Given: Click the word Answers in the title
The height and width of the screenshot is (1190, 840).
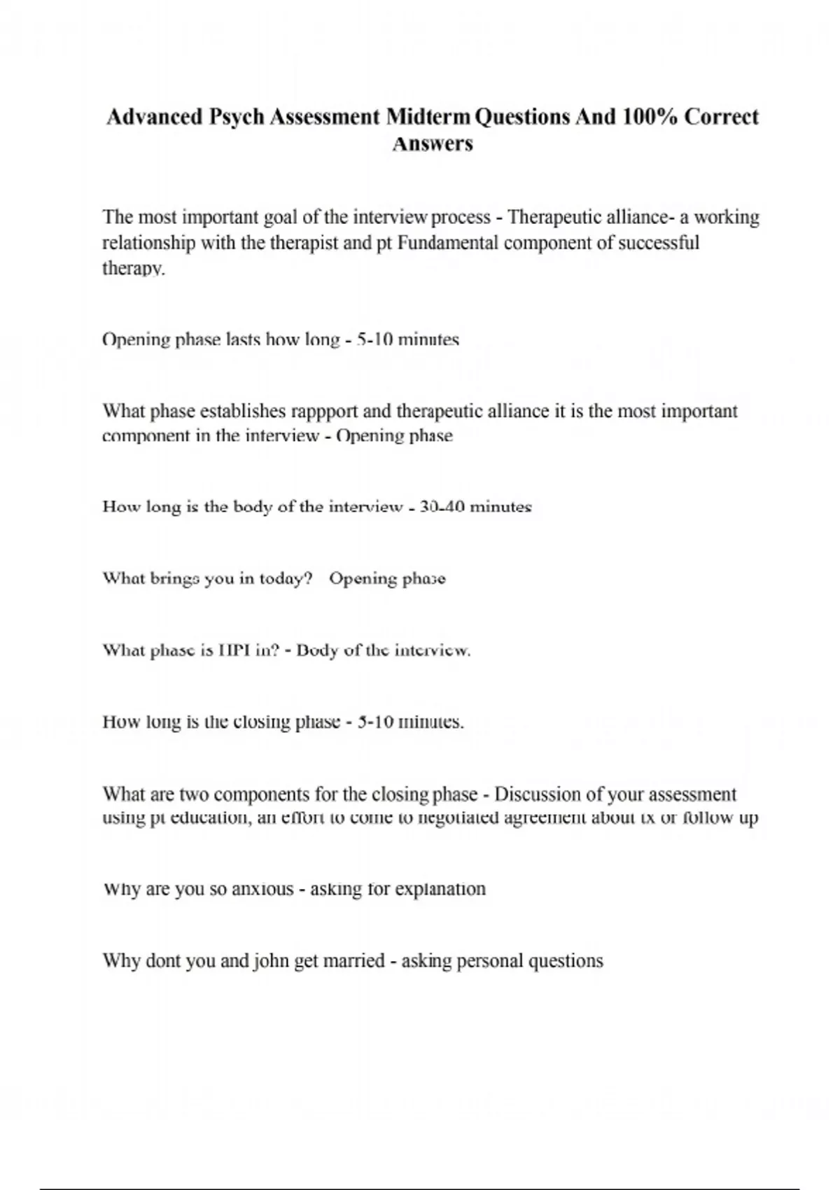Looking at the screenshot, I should [433, 144].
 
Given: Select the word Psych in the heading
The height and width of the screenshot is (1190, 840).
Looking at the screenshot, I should [237, 116].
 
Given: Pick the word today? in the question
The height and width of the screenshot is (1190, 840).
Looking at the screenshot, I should [285, 579].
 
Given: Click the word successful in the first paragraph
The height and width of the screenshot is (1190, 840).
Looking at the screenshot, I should [659, 243].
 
